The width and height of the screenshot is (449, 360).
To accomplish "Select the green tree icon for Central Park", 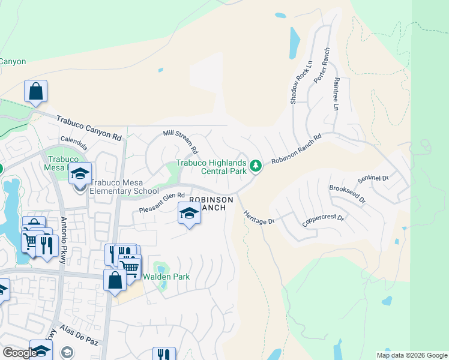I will tap(256, 165).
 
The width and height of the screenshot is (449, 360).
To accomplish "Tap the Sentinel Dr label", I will tap(373, 178).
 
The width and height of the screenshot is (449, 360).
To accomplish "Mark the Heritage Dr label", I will tap(259, 217).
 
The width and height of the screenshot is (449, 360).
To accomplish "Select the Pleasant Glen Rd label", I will tap(161, 202).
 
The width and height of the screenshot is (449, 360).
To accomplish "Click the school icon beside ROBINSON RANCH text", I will tap(189, 213).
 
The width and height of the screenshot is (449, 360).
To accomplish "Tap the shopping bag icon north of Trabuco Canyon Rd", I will tap(36, 92).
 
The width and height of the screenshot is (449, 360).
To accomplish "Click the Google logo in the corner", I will tap(20, 353).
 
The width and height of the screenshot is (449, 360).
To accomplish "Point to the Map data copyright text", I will tap(412, 355).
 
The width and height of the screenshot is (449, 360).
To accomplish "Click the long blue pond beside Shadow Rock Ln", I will tap(295, 43).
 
